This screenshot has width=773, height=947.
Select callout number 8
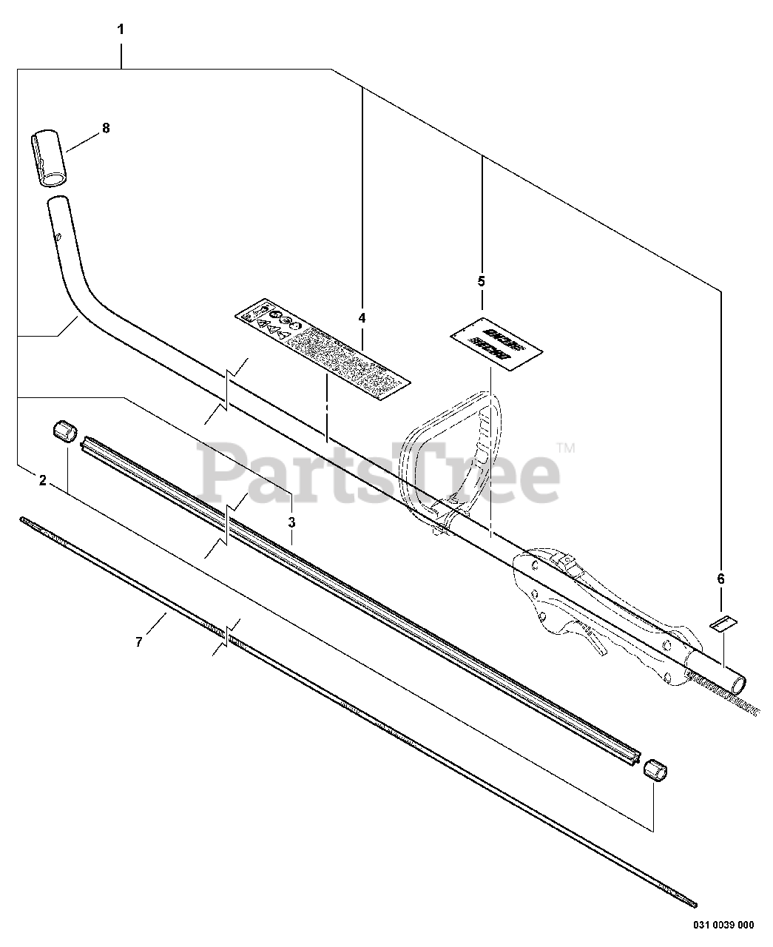tap(106, 128)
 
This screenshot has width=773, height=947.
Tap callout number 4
tap(362, 318)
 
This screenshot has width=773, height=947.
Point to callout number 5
tap(482, 281)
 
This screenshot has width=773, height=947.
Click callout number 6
tap(721, 579)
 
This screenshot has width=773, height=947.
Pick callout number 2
tap(43, 480)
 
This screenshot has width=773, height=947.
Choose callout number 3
tap(292, 522)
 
